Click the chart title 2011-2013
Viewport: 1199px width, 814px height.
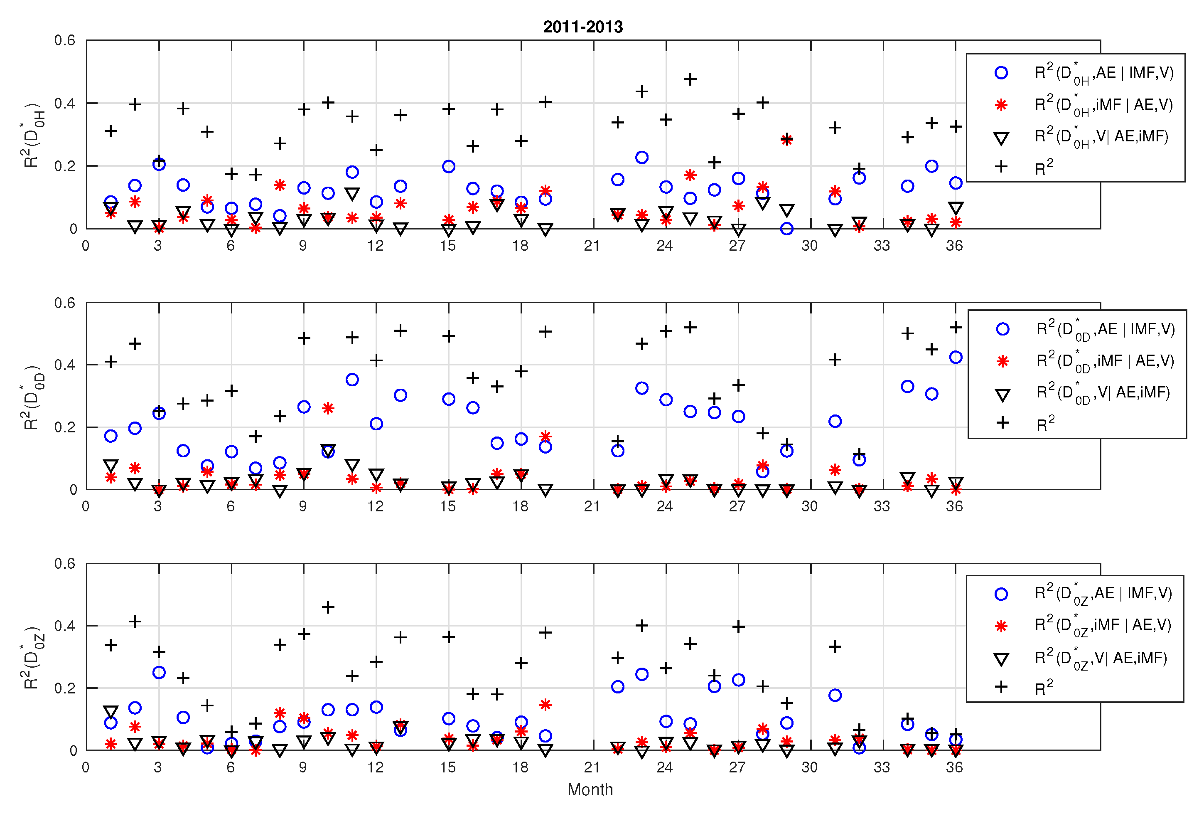pyautogui.click(x=583, y=27)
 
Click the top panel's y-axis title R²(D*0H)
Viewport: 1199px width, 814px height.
pyautogui.click(x=33, y=135)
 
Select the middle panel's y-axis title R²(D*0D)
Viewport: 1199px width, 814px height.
pyautogui.click(x=33, y=397)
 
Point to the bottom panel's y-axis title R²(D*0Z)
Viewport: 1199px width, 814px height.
pyautogui.click(x=33, y=658)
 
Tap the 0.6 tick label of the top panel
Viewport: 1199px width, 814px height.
pyautogui.click(x=65, y=40)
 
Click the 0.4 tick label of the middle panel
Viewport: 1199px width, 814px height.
pyautogui.click(x=65, y=365)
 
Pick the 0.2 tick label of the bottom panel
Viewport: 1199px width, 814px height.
pyautogui.click(x=65, y=688)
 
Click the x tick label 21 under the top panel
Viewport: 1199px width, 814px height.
pyautogui.click(x=592, y=246)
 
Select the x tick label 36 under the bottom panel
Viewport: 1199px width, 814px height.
pyautogui.click(x=954, y=767)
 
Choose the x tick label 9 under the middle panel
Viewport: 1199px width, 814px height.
pyautogui.click(x=303, y=506)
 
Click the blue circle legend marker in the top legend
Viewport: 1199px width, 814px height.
pyautogui.click(x=1001, y=73)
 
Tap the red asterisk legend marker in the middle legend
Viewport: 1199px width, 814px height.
pyautogui.click(x=1002, y=361)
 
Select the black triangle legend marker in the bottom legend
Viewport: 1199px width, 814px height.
pyautogui.click(x=1001, y=659)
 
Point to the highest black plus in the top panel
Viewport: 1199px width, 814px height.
pyautogui.click(x=690, y=79)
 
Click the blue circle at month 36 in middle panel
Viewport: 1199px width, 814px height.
pyautogui.click(x=956, y=357)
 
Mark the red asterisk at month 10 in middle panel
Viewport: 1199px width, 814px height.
pyautogui.click(x=328, y=408)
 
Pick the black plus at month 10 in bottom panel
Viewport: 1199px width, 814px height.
pyautogui.click(x=328, y=607)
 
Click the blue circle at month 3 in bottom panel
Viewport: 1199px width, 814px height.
pyautogui.click(x=159, y=673)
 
